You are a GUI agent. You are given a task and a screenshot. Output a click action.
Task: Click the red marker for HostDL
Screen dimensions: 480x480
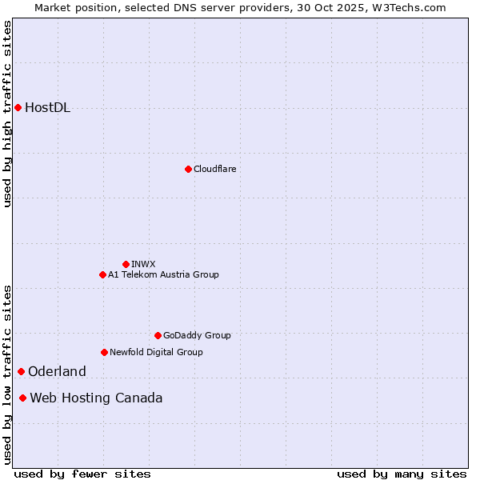pos(18,107)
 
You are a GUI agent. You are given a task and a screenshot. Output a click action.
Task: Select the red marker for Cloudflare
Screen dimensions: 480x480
pos(188,169)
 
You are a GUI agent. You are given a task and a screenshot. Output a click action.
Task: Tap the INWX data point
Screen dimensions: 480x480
pos(126,264)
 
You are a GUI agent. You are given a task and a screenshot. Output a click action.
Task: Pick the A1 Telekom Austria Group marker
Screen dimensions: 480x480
pos(102,274)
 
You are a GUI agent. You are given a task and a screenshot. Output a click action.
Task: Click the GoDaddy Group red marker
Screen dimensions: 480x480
pos(158,335)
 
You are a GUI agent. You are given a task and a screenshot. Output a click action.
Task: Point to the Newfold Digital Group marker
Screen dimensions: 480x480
pos(104,352)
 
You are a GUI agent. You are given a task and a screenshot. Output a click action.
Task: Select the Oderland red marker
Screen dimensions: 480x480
pos(21,371)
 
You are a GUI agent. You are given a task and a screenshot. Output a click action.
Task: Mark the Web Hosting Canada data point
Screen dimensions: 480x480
pos(22,398)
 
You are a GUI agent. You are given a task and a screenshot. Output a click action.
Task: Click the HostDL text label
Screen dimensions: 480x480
pos(47,108)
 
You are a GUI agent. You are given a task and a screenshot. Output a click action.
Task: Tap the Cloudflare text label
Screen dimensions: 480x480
pos(214,169)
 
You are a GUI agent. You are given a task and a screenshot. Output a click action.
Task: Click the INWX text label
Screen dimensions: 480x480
pos(143,264)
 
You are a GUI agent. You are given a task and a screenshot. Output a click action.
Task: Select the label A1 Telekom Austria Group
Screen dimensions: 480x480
pos(163,274)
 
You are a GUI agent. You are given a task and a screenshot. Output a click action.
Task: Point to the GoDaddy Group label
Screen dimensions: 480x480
pos(197,335)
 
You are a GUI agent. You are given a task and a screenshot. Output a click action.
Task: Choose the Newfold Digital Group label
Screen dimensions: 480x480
pos(156,352)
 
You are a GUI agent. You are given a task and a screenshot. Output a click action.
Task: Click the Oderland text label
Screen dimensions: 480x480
pos(57,371)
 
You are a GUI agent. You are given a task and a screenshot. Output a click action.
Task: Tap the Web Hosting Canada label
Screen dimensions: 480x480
pos(96,398)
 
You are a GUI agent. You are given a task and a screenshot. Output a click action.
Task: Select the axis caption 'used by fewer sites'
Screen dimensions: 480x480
pos(82,474)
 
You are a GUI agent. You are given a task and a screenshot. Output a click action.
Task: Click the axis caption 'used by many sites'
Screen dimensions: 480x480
pos(402,474)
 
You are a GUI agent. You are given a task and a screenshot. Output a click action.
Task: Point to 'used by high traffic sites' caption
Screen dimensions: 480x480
pos(7,114)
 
